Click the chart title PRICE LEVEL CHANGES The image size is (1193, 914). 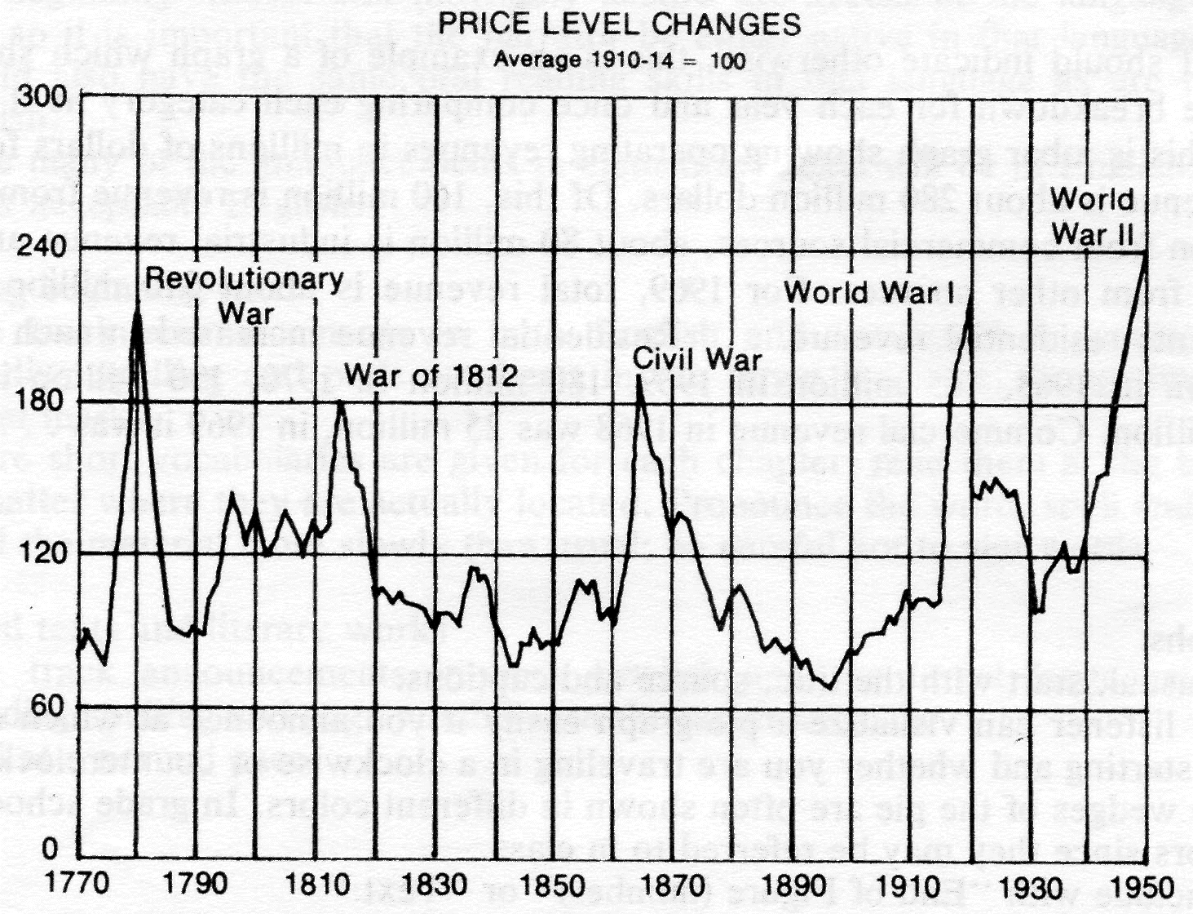619,24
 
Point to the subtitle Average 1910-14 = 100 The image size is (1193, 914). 619,60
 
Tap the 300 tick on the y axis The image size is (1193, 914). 42,97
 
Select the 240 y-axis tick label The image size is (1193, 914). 42,248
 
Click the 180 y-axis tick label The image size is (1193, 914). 42,401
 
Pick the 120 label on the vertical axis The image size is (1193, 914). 42,553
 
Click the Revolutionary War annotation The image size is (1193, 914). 244,295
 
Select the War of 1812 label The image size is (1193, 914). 431,375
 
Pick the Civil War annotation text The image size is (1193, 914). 697,359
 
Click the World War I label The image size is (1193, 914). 868,291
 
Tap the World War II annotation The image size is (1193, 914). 1092,216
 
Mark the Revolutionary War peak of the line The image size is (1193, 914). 137,311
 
